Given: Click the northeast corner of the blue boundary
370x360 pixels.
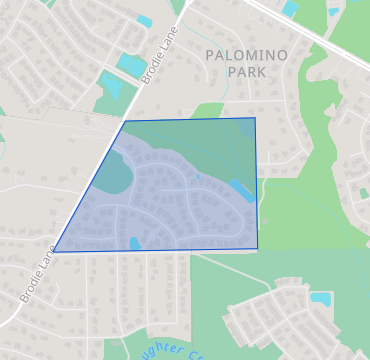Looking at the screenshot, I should tap(255, 118).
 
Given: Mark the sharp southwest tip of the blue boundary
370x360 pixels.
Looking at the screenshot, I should tap(53, 251).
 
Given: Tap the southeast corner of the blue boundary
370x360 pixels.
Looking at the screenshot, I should tap(257, 248).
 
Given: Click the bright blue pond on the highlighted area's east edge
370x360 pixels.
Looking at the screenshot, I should tap(241, 189).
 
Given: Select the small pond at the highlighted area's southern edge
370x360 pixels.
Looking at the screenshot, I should tap(135, 243).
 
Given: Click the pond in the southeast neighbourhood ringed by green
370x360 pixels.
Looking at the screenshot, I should tap(321, 298).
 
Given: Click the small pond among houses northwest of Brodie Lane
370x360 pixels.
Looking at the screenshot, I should tap(144, 21).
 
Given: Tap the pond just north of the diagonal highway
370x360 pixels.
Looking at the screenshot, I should tap(290, 9).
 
